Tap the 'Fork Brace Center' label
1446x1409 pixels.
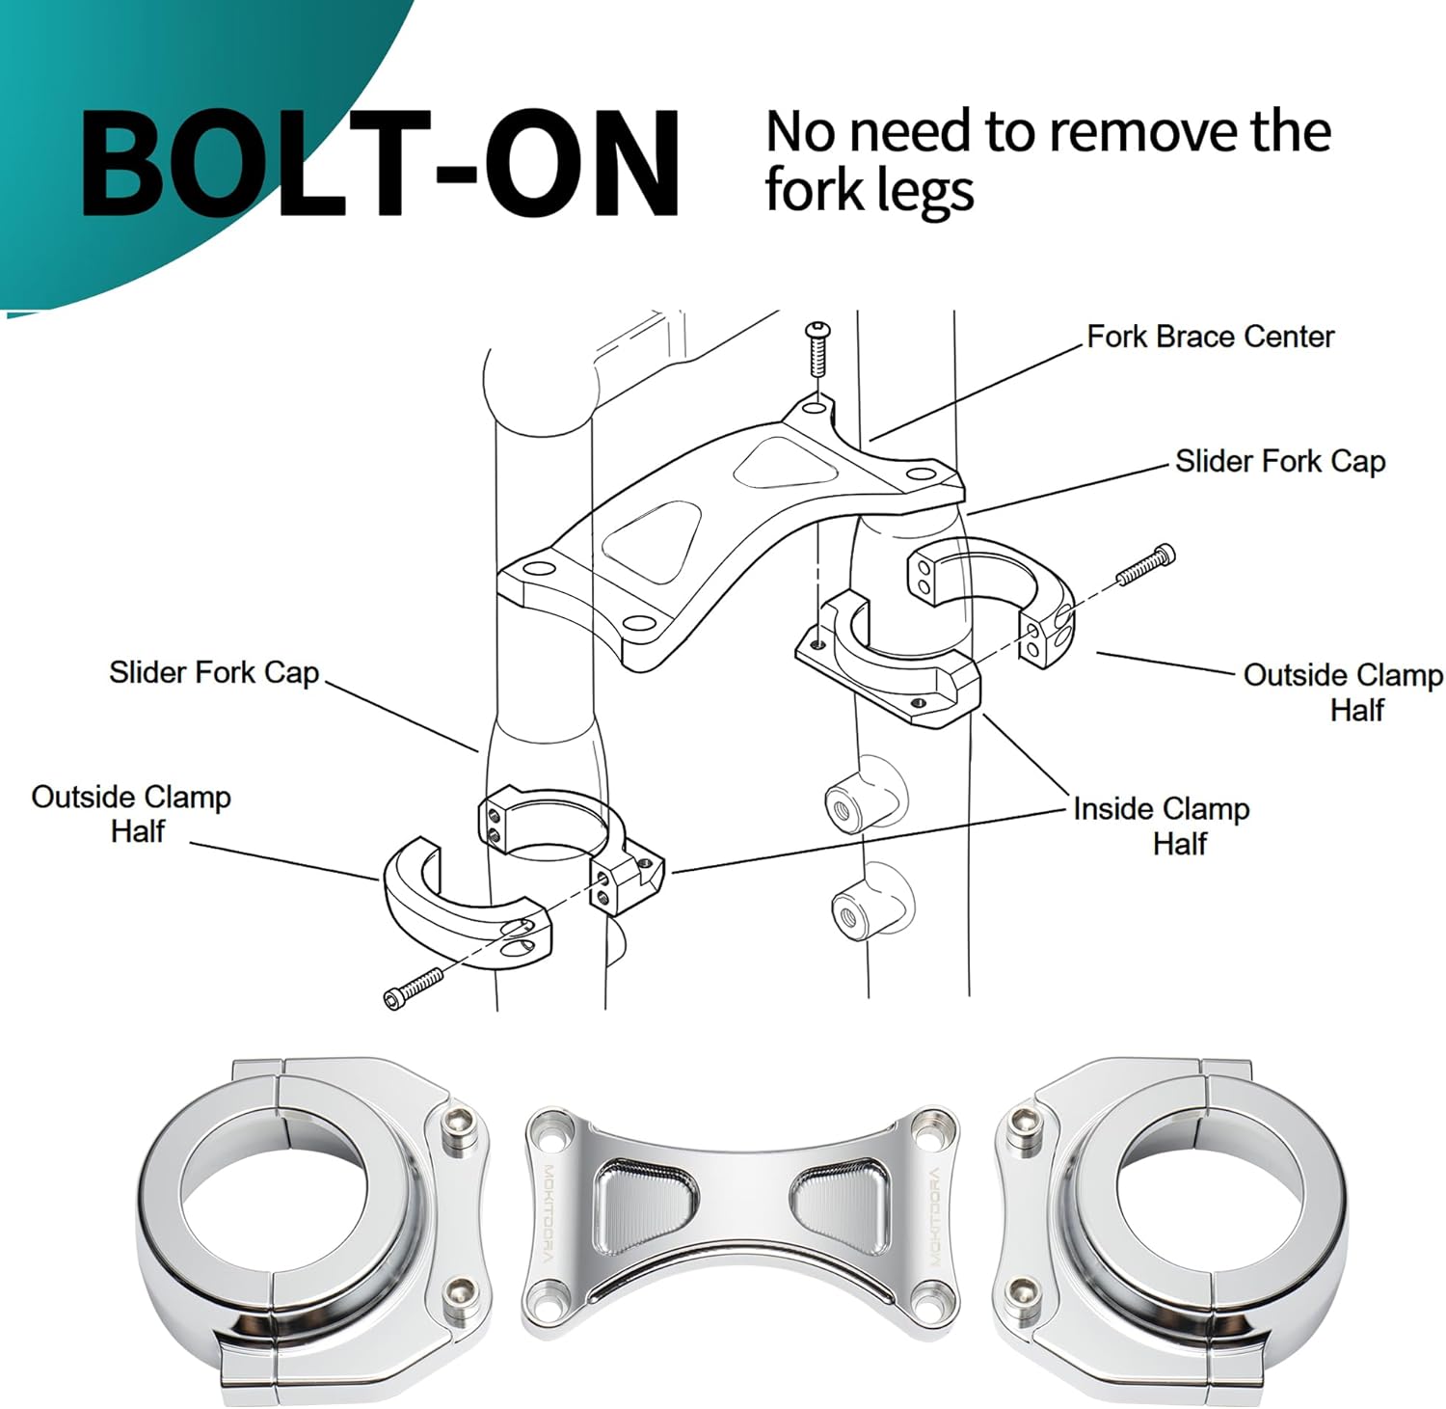(x=1210, y=337)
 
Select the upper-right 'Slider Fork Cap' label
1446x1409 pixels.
(x=1279, y=461)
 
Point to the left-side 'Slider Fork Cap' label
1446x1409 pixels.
(x=213, y=672)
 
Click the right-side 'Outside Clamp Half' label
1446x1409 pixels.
(x=1343, y=691)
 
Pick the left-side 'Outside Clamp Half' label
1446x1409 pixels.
(x=132, y=813)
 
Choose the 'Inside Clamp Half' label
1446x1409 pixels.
(x=1162, y=825)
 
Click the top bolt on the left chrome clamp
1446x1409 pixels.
(x=460, y=1125)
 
